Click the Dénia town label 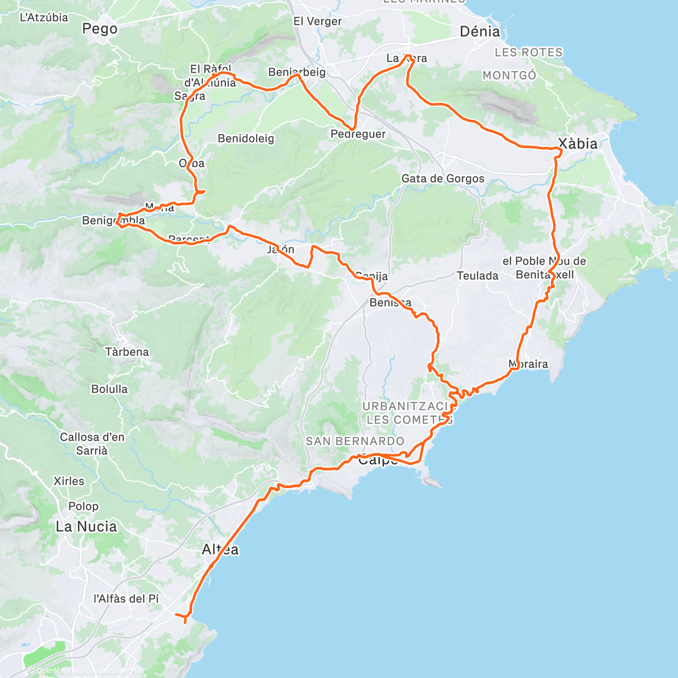coord(480,32)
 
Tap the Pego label coord(100,29)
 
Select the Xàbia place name coord(577,144)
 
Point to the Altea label coord(220,549)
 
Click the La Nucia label coord(86,527)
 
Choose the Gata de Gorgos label coord(442,179)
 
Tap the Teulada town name coord(477,276)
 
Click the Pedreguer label coord(358,134)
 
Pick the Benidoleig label coord(246,138)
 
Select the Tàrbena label coord(127,352)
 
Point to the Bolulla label coord(110,389)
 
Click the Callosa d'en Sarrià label coord(92,444)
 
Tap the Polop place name coord(83,506)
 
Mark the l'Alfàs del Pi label coord(126,598)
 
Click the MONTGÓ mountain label coord(509,75)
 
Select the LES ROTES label coord(528,53)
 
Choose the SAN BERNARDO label coord(355,441)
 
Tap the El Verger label coord(318,21)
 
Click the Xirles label coord(69,481)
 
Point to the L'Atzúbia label coord(44,18)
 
